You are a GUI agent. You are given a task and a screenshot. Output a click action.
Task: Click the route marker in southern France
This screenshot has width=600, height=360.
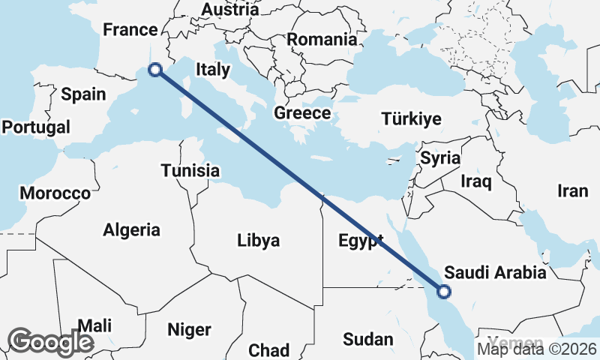coord(155,70)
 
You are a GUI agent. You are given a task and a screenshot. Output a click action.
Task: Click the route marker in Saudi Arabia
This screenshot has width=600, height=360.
coord(443,292)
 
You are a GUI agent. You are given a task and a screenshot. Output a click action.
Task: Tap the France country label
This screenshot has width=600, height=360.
coord(130,30)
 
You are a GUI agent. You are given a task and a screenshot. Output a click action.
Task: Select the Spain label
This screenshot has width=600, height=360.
coord(83,94)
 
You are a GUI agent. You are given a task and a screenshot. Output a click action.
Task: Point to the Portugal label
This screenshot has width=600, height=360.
coord(36,127)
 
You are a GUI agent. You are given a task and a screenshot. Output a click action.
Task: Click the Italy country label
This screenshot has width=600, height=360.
coord(212,69)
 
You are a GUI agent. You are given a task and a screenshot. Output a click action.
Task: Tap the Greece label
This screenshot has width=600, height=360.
coord(302,113)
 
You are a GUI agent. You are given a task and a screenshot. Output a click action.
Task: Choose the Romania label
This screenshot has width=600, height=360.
coord(322,39)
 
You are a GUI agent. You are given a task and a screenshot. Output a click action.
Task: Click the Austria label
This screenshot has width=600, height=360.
coord(230,10)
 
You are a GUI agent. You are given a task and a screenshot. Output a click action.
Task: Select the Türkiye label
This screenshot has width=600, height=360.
coord(411,119)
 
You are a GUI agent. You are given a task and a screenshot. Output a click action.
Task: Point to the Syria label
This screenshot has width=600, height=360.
coord(440,158)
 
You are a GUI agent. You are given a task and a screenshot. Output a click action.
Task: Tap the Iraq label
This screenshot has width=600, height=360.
coord(475,181)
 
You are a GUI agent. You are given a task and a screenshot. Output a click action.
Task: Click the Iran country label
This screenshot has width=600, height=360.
coord(572,191)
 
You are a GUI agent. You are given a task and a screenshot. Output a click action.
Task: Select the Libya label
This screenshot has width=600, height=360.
coord(258,241)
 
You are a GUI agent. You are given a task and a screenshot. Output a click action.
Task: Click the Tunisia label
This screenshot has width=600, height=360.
coord(190,171)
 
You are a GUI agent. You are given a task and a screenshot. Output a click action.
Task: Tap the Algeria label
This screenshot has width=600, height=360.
coord(132,229)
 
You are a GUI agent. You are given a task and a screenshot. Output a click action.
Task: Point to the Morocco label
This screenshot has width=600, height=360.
coord(55,193)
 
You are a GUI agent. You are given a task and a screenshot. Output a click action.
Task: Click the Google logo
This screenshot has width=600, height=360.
coord(50,341)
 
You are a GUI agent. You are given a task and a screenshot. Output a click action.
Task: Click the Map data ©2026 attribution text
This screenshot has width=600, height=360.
coord(537,348)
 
